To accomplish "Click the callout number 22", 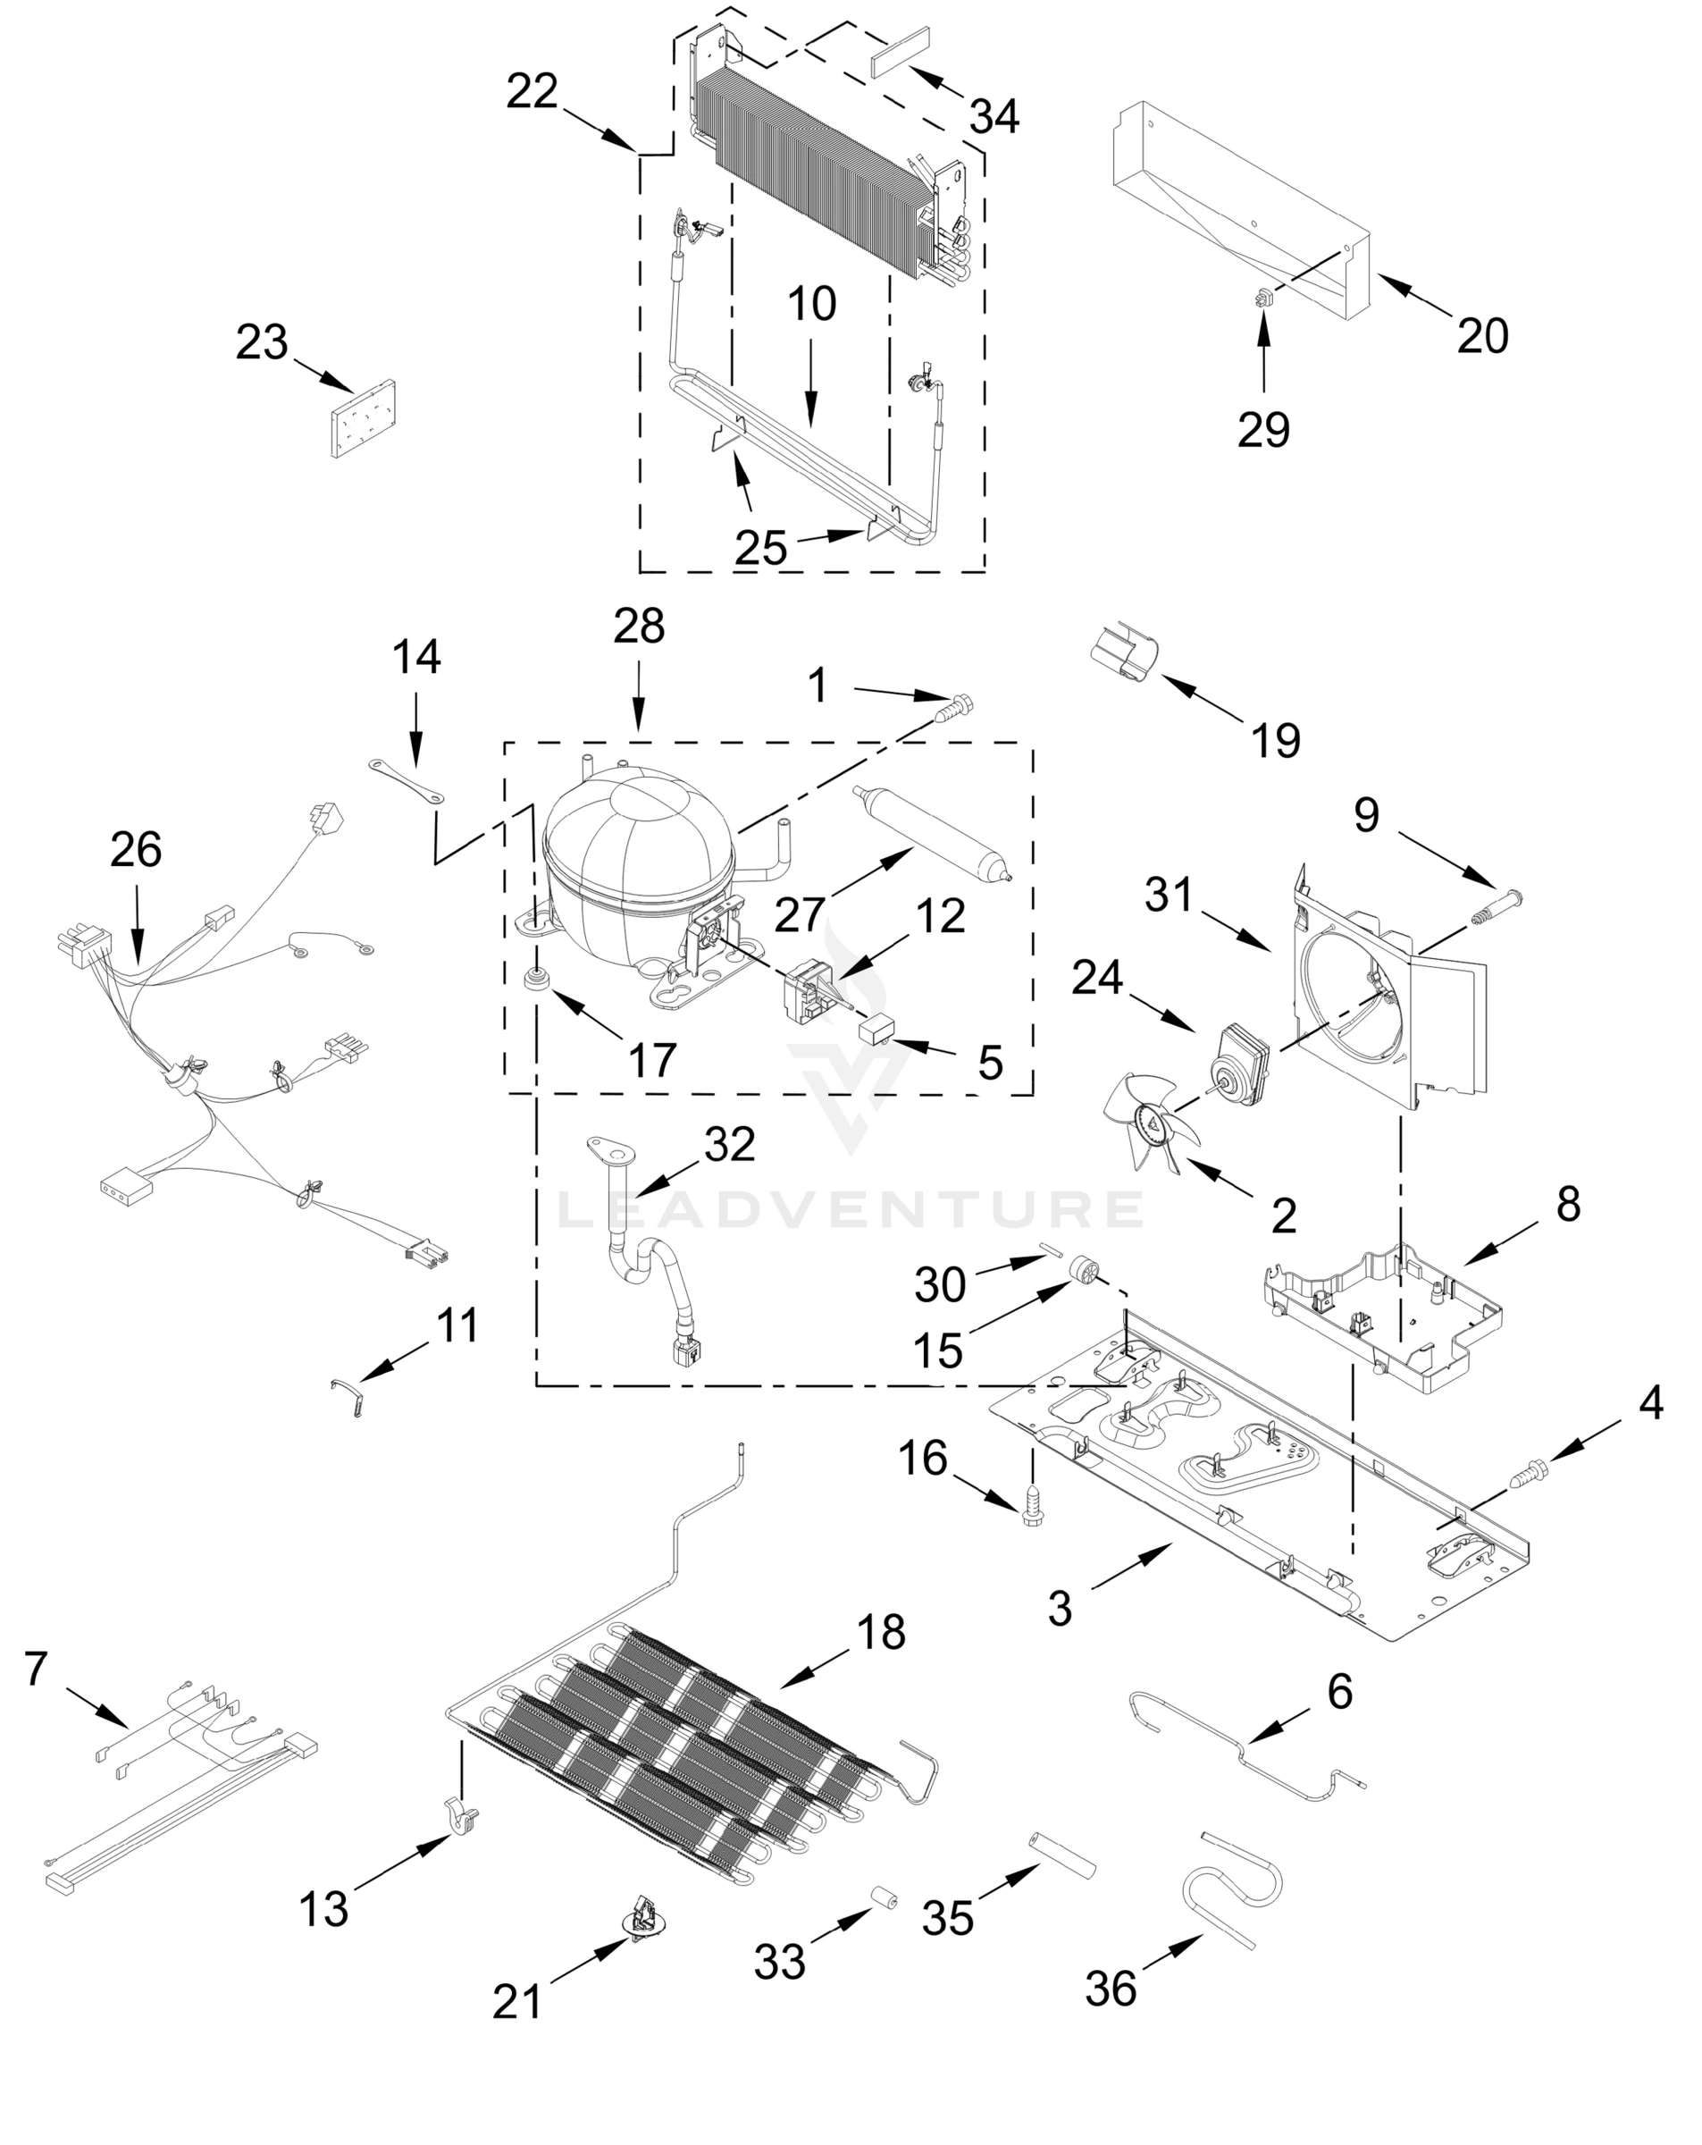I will pos(532,93).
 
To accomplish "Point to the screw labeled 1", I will pos(956,709).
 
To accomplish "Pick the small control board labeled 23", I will pos(361,419).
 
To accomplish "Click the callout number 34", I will pos(994,116).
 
